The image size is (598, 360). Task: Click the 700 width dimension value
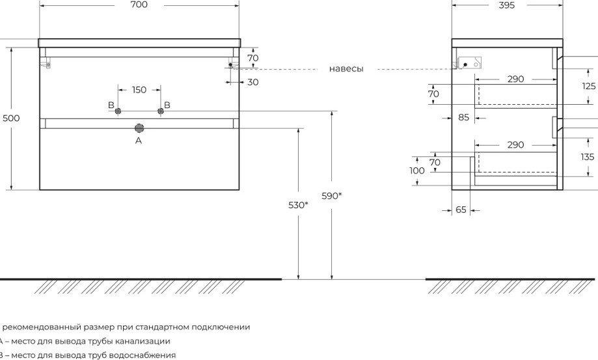[139, 5]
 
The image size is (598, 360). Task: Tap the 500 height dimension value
[11, 118]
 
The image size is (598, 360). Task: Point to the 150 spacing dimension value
[139, 90]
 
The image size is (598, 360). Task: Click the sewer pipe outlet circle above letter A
[139, 128]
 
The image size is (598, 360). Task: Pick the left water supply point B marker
[118, 111]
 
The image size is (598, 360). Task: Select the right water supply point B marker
[161, 111]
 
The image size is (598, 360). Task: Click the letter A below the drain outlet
[139, 141]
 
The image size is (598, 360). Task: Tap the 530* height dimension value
[298, 205]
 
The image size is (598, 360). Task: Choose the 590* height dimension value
[331, 196]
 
